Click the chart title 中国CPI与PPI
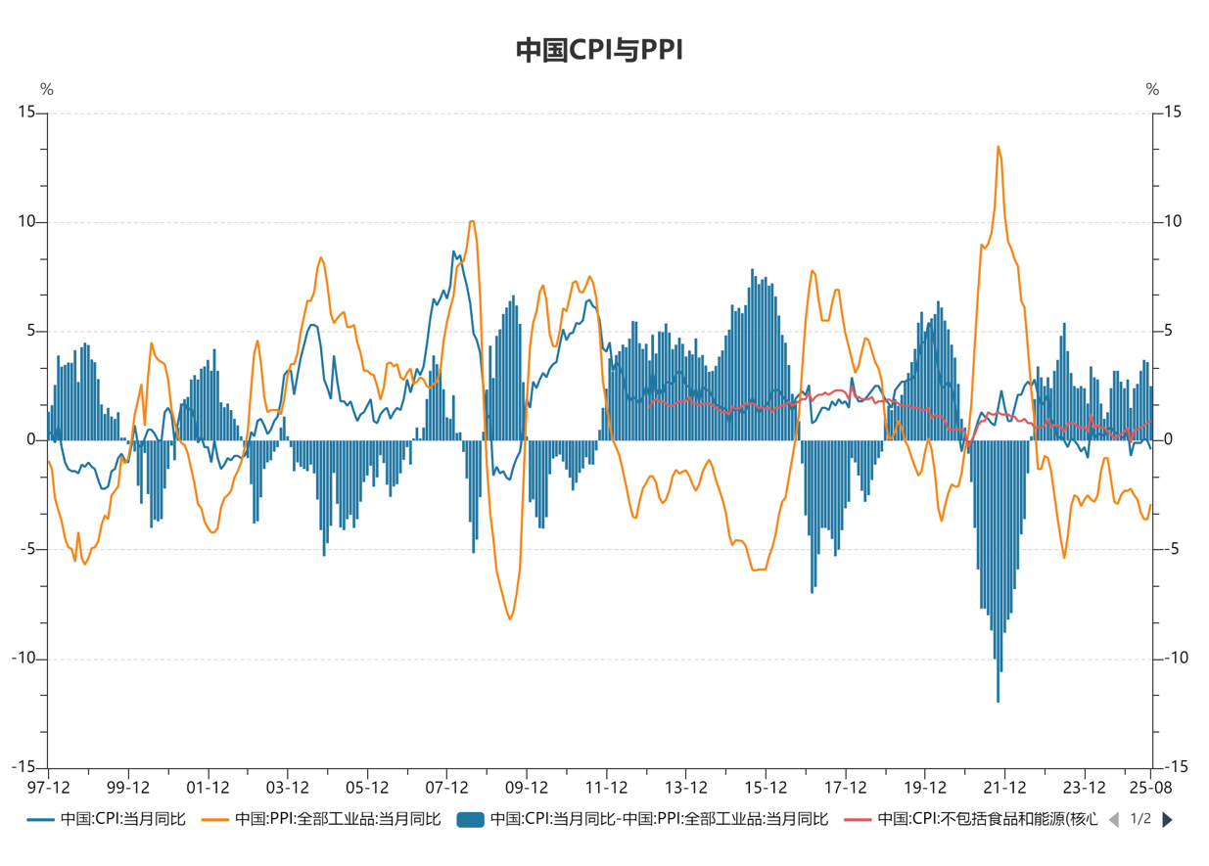(598, 50)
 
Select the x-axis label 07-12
(446, 787)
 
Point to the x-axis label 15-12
(766, 787)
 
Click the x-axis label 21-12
(1004, 787)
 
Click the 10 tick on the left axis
(25, 222)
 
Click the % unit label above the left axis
(46, 90)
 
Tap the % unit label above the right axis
(1152, 90)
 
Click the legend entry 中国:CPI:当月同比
(108, 819)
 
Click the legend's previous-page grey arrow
(1113, 820)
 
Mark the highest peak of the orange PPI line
(999, 148)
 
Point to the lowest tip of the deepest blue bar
(999, 701)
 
